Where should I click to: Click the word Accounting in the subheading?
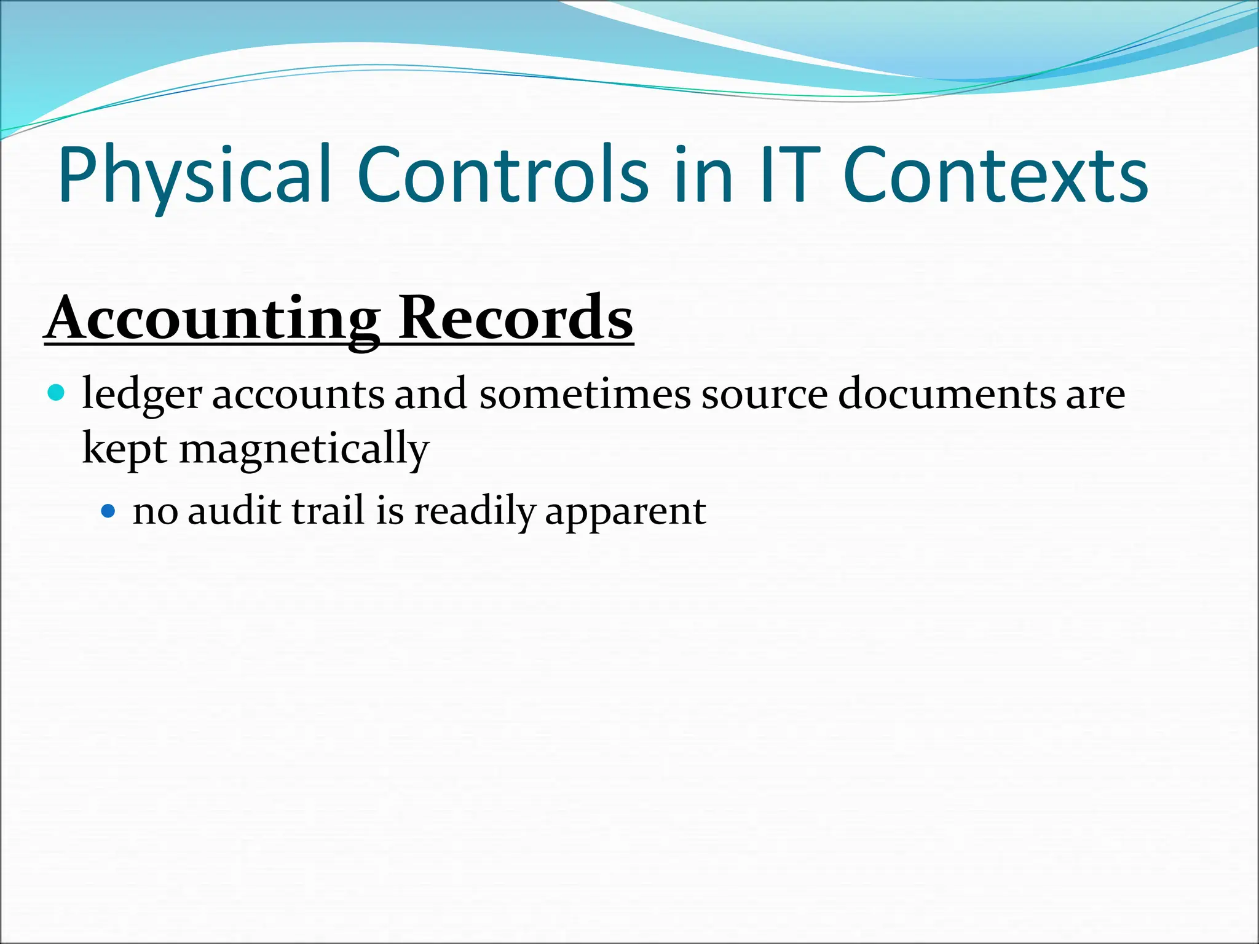click(212, 318)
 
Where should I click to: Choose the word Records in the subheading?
click(515, 318)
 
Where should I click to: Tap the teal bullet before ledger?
click(56, 392)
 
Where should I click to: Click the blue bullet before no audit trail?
click(108, 510)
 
